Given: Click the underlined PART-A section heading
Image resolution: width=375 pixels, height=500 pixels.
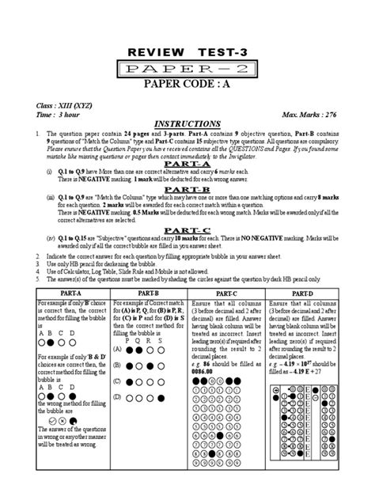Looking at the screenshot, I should click(x=187, y=161).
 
